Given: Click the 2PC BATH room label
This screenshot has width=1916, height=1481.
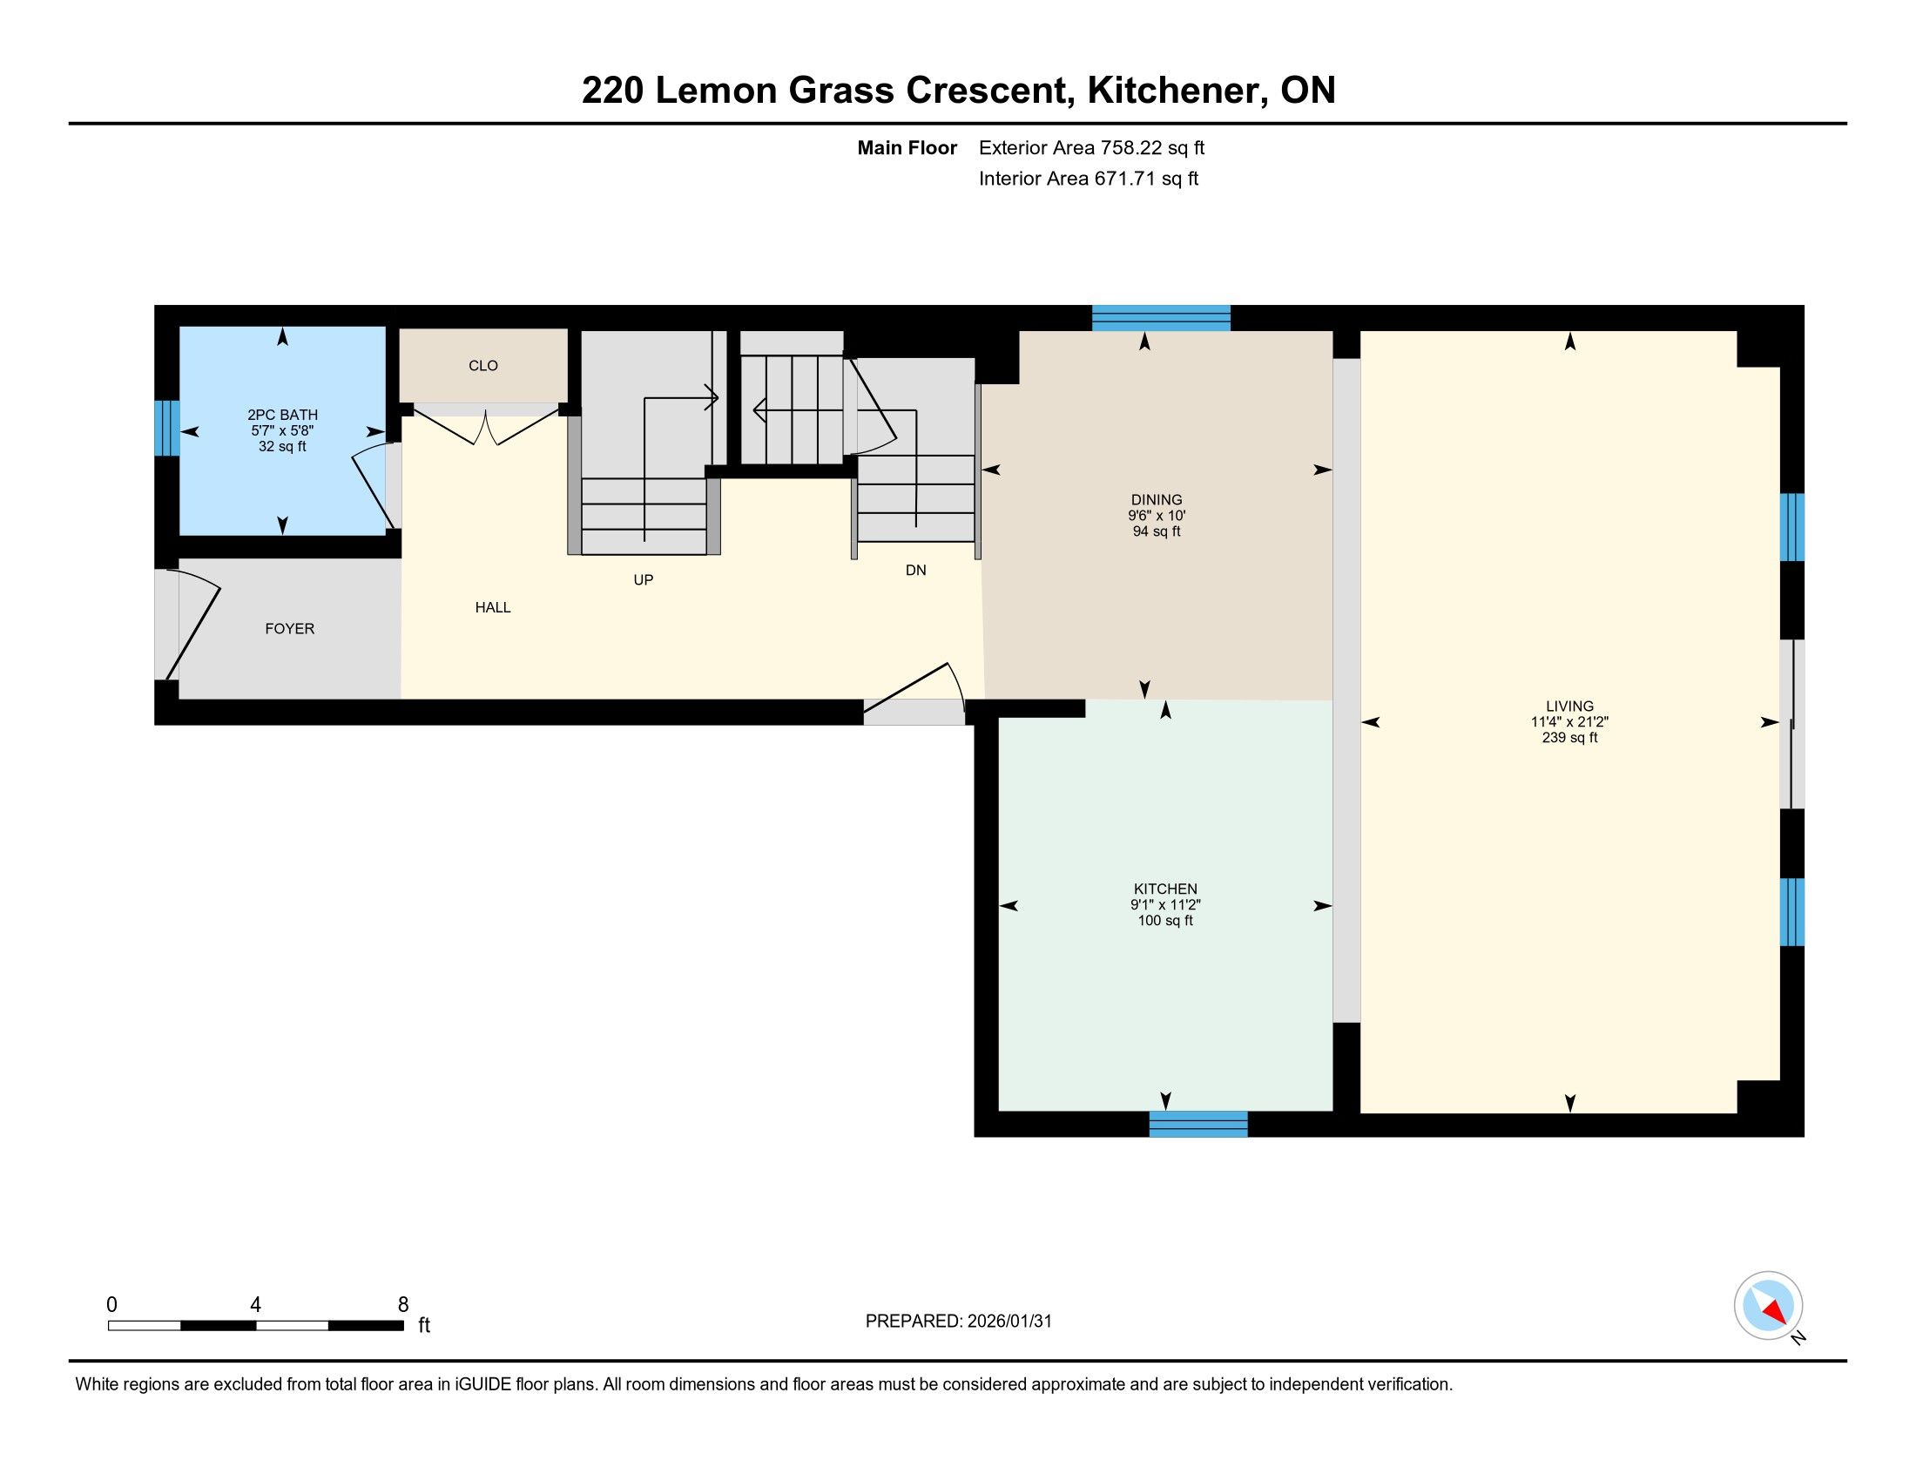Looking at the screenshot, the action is coord(282,415).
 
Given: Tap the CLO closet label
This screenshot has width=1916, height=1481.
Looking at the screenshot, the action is coord(483,366).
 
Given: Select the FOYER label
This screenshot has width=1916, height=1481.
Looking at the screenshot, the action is coord(289,629).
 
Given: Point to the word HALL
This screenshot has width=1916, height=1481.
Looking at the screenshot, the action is coord(493,607).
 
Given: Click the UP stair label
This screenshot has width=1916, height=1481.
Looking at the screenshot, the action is coord(643,580).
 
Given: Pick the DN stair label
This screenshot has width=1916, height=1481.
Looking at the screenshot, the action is coord(916,571).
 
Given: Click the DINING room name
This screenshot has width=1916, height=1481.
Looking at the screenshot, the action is coord(1157,500).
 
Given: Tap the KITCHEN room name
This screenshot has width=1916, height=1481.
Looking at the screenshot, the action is coord(1165,889).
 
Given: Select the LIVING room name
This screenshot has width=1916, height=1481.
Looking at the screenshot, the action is coord(1569,707).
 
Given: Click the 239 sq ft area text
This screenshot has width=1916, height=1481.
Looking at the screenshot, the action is coord(1569,738).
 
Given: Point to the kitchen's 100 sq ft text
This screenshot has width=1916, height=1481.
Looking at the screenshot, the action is coord(1165,920).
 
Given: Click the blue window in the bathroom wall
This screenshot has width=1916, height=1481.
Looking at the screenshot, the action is coord(166,428).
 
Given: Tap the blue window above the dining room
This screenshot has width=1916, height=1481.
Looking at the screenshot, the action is coord(1162,318).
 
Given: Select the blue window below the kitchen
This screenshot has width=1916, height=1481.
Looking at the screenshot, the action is coord(1198,1124).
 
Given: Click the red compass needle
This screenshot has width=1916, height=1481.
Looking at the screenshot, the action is coord(1776,1312).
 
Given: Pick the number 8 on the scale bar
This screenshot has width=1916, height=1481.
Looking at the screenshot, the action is coord(403,1305).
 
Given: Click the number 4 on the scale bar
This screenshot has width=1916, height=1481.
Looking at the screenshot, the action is coord(255,1305).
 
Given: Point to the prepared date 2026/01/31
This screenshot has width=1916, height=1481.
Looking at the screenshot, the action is coord(1009,1322).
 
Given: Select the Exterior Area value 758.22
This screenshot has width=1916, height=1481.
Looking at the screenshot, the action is coord(1131,148).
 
